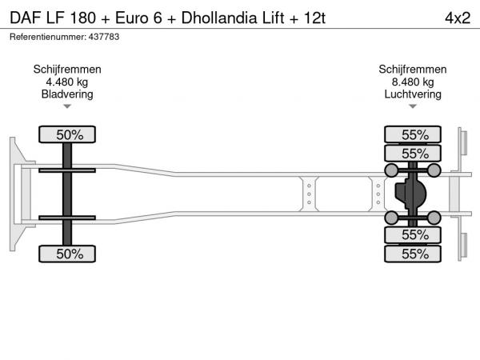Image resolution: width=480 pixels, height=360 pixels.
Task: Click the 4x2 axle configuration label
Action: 458,18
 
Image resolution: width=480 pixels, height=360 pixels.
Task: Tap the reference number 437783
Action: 104,37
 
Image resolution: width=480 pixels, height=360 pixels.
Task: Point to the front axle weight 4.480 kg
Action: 67,82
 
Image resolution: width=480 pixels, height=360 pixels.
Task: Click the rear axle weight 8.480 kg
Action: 413,82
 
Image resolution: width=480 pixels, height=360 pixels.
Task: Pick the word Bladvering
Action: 67,94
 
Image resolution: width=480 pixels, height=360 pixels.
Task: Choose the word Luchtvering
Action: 413,94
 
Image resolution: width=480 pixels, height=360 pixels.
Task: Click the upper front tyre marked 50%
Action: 67,134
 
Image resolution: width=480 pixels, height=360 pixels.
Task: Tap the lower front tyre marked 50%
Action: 67,254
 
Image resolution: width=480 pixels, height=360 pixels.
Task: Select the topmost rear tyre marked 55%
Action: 413,134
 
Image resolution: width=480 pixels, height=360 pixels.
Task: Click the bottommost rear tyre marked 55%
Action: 413,254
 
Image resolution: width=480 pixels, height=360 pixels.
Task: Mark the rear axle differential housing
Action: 410,194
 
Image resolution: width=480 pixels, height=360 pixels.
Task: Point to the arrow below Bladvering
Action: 67,106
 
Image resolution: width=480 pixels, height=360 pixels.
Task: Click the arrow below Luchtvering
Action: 413,106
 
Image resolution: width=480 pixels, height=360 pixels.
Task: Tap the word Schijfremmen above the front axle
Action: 67,70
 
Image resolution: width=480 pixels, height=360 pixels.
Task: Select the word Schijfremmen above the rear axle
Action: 413,70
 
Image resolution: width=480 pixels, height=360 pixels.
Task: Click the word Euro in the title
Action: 132,18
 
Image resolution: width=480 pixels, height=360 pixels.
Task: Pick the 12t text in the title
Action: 314,18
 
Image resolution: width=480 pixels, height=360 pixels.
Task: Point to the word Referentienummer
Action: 47,37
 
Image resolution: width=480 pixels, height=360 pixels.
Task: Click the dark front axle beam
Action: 67,194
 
